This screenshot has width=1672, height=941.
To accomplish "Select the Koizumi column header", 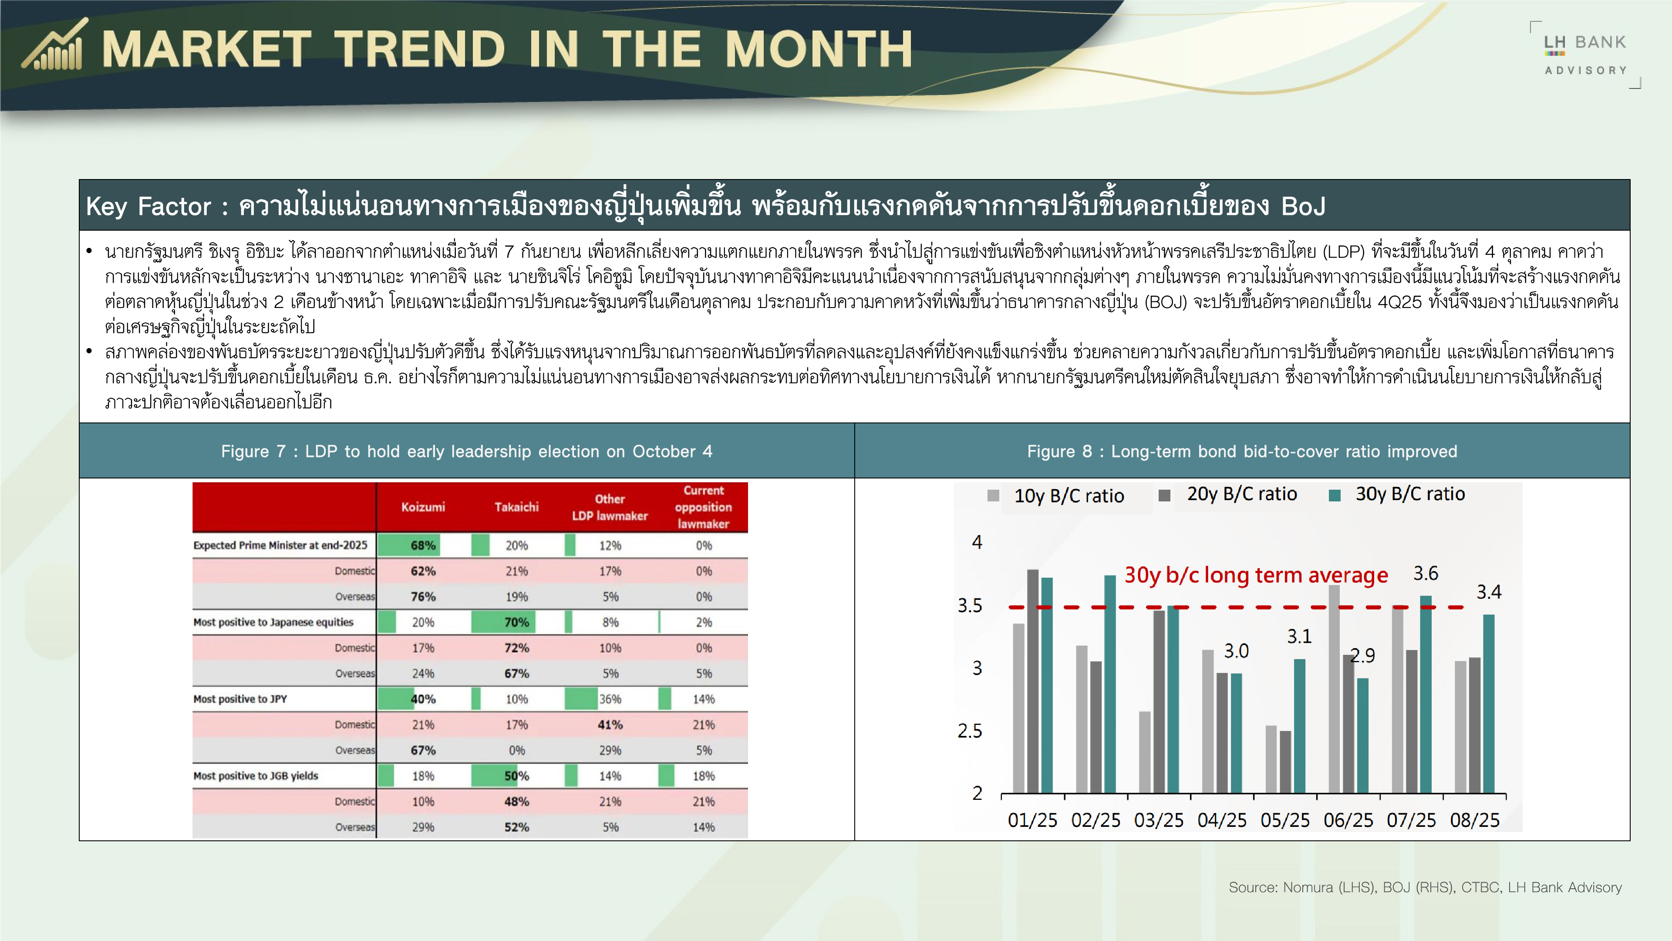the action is [x=423, y=507].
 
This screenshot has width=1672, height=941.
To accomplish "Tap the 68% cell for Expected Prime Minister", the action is [x=423, y=545].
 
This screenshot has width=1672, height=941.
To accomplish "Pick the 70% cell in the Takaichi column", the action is [x=517, y=622].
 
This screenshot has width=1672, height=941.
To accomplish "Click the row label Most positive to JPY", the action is [x=240, y=699].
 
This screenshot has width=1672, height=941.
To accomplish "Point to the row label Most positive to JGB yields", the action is [x=256, y=775].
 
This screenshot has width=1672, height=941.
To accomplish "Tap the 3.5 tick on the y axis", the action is [x=970, y=605].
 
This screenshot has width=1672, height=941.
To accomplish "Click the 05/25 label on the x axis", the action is [x=1285, y=820].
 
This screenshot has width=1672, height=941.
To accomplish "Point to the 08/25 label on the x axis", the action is [x=1475, y=820].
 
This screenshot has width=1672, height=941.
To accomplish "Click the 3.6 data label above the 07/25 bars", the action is [x=1426, y=573].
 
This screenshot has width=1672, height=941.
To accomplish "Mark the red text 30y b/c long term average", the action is [x=1256, y=575].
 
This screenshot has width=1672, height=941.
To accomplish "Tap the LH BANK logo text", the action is [x=1585, y=42].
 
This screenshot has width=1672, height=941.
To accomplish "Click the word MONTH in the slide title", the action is [x=819, y=49].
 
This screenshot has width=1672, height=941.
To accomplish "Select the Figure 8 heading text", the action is [x=1242, y=451].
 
